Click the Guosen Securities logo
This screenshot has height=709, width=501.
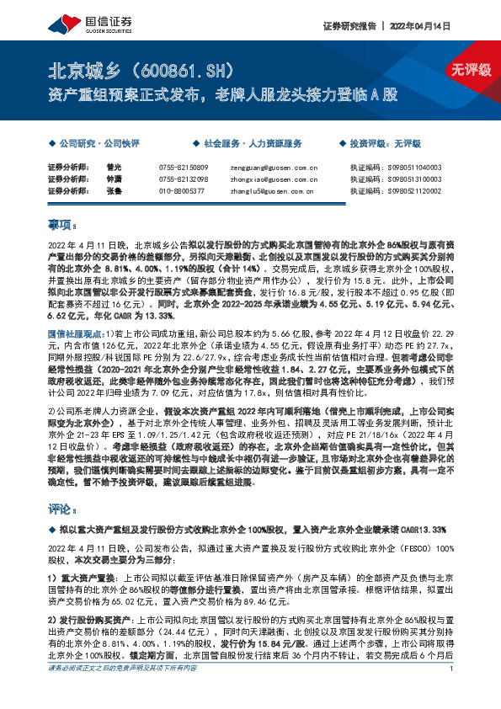[81, 24]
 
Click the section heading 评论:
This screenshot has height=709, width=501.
[61, 509]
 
